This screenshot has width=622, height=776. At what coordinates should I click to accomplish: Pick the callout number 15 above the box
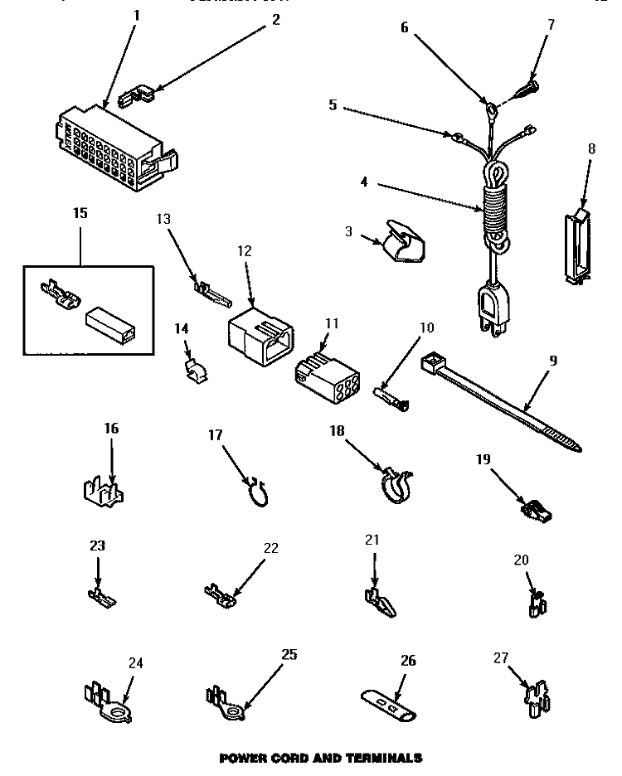(x=80, y=213)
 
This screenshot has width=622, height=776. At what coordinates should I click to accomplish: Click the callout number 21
(x=372, y=540)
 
